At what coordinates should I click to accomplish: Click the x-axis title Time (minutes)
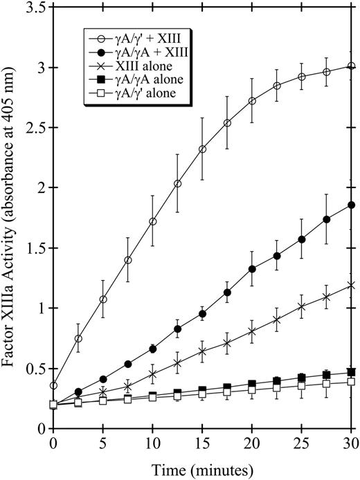point(202,469)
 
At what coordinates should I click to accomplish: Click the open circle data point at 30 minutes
point(352,66)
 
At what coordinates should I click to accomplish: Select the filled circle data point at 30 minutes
point(352,205)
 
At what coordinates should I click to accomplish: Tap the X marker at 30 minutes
point(352,285)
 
